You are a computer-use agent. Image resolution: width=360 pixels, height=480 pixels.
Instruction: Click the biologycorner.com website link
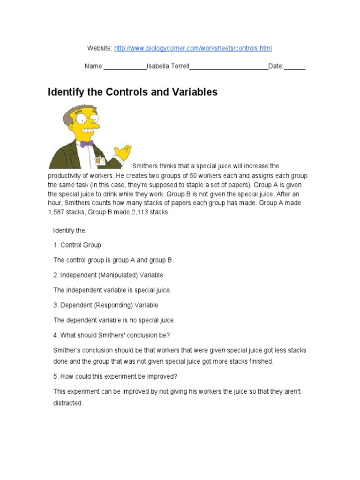click(193, 48)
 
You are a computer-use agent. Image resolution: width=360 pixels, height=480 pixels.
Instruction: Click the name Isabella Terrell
click(167, 66)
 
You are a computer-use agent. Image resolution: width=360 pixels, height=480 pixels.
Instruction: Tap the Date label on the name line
click(276, 66)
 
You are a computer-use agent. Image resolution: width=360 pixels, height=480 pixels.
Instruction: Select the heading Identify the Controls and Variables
click(133, 92)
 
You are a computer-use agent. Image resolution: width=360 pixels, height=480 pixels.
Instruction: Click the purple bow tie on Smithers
click(86, 143)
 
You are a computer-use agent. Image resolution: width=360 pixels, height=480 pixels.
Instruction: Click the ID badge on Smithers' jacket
click(98, 161)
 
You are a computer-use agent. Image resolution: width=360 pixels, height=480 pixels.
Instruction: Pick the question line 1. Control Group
click(77, 245)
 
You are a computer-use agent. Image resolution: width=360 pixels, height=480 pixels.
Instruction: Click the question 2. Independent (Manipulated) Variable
click(108, 275)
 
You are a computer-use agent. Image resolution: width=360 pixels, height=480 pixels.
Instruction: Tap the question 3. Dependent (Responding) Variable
click(106, 305)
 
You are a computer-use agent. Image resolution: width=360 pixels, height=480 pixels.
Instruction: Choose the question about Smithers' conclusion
click(112, 335)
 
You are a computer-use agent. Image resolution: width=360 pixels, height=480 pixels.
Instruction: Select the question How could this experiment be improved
click(115, 376)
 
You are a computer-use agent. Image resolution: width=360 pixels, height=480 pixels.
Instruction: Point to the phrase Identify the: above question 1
click(70, 231)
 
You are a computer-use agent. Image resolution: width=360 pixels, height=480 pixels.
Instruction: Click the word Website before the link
click(99, 48)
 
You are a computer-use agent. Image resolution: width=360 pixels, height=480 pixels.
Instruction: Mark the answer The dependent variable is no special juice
click(114, 320)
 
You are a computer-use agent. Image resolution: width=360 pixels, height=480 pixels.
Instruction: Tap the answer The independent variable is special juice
click(112, 290)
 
